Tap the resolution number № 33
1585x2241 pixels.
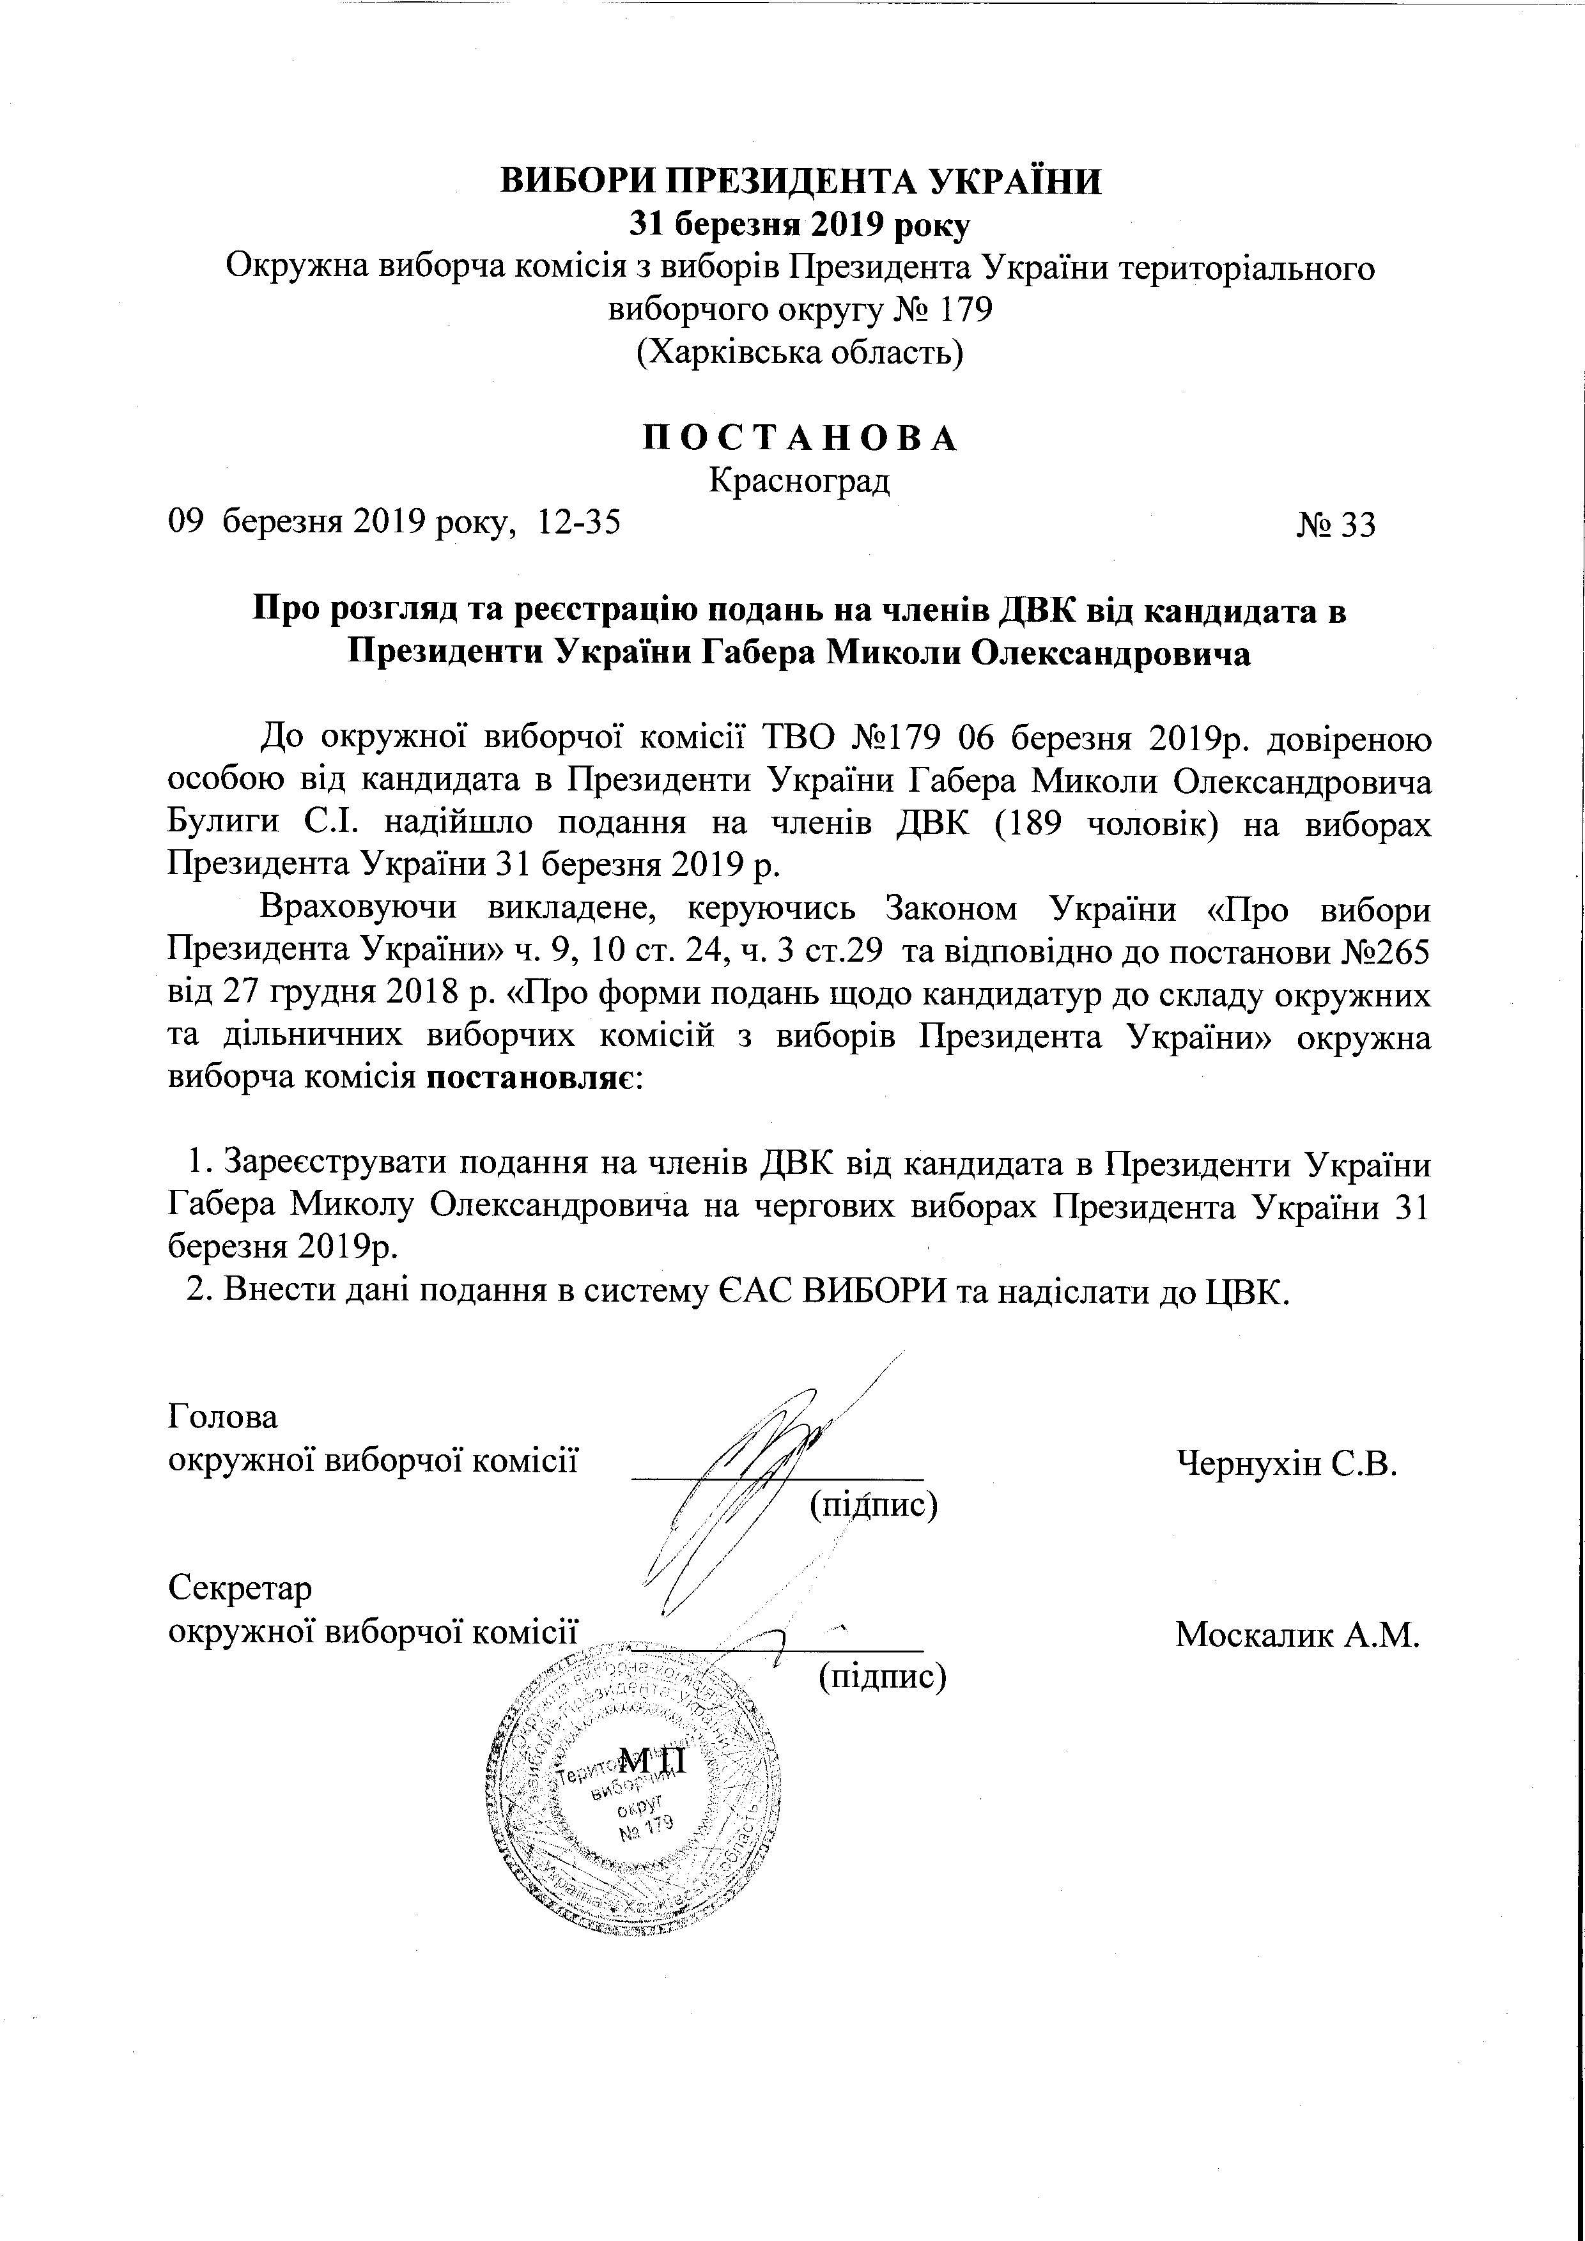(1336, 525)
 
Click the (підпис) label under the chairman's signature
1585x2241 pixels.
(874, 1504)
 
